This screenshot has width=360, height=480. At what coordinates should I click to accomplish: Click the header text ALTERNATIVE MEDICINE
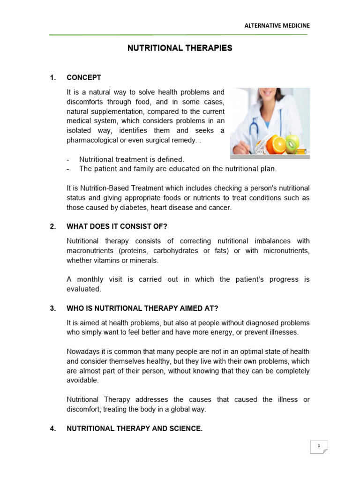point(277,26)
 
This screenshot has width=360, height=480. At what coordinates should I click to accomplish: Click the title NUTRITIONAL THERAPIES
point(180,48)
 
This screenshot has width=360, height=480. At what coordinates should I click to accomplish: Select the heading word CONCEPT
point(84,77)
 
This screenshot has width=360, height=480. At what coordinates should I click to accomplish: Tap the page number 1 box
point(319,447)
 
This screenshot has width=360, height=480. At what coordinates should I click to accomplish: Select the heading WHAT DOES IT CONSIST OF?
point(117,226)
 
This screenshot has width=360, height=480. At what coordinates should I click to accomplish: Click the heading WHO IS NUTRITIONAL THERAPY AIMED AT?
point(142,308)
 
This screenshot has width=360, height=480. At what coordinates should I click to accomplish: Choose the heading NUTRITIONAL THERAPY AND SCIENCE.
point(135,428)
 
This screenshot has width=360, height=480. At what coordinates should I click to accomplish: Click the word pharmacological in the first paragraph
point(91,140)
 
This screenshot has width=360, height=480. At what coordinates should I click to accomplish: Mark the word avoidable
point(82,380)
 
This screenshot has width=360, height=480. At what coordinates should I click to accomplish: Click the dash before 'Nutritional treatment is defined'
point(68,160)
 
